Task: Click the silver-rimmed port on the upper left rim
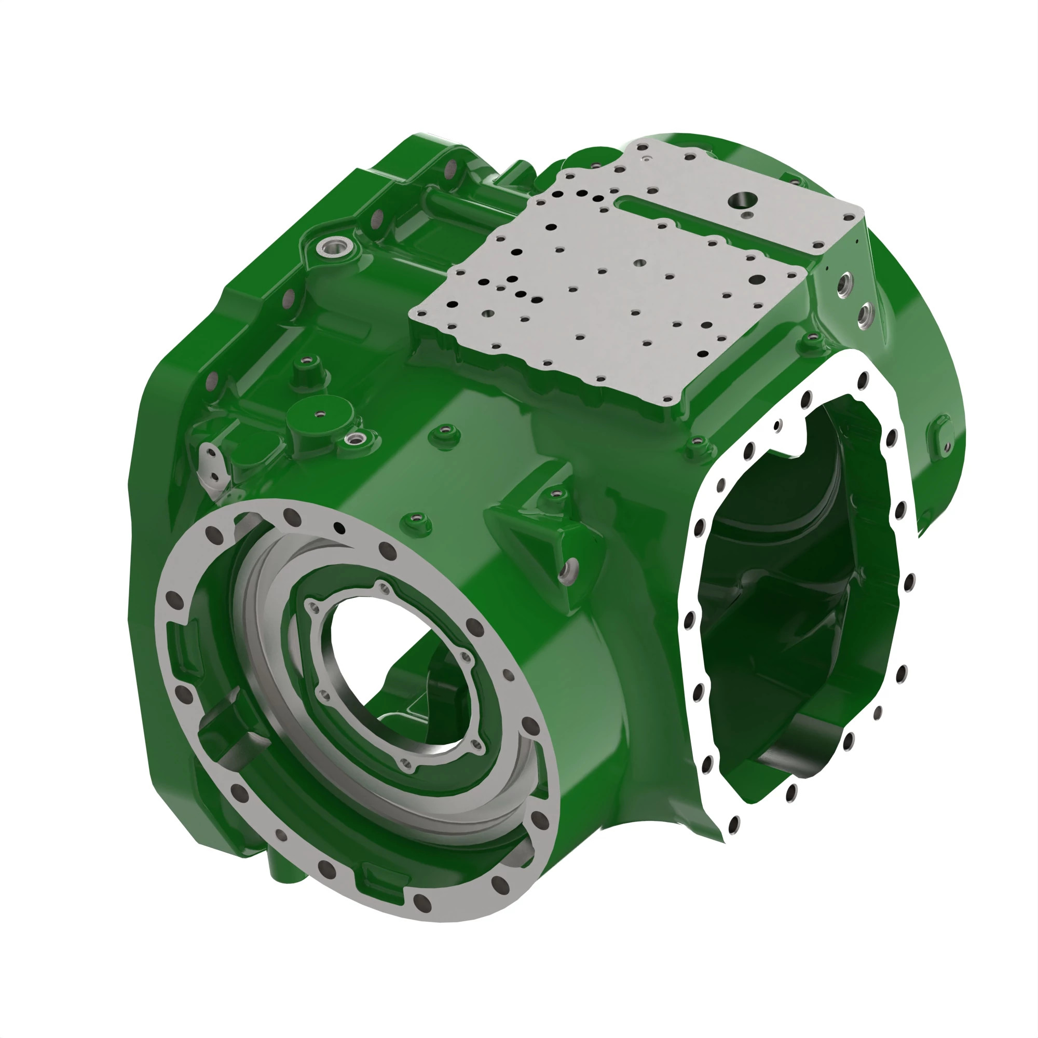[333, 248]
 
